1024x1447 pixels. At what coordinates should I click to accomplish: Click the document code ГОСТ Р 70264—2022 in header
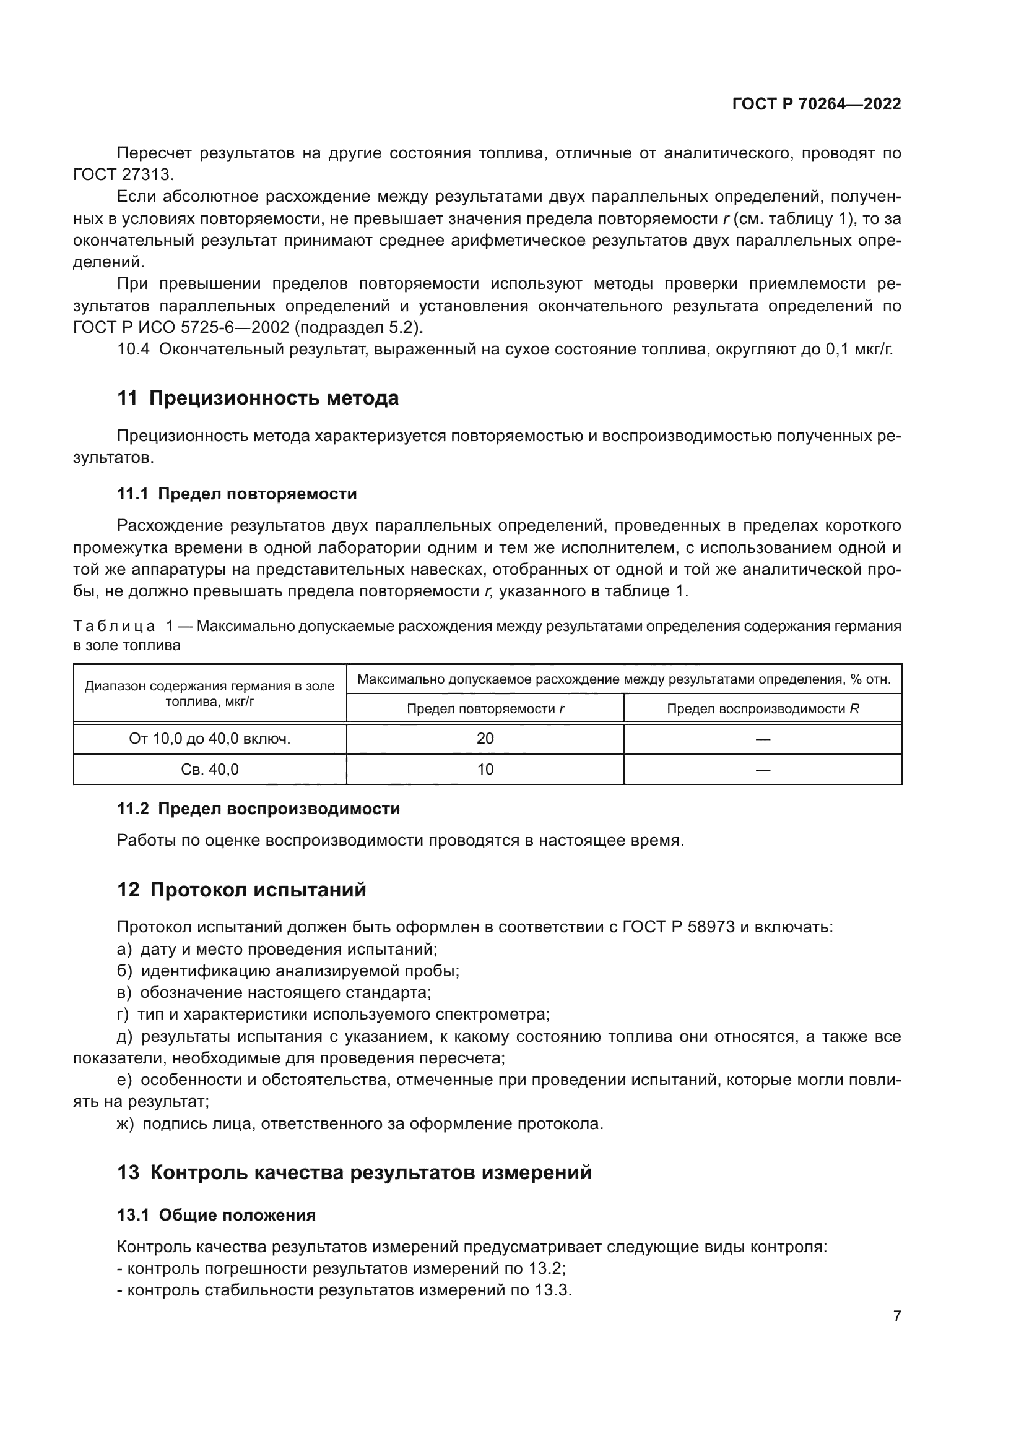(x=816, y=104)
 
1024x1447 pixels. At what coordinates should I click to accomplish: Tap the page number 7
(x=896, y=1316)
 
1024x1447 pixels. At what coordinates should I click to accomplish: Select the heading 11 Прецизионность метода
(x=258, y=398)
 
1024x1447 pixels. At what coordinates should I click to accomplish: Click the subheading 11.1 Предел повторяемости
(x=237, y=494)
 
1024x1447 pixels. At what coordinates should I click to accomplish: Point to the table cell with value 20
(x=485, y=739)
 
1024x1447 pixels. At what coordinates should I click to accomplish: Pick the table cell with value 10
(x=485, y=770)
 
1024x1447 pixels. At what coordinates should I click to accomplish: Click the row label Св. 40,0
(x=209, y=770)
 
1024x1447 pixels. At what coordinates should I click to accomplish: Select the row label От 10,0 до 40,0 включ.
(x=209, y=739)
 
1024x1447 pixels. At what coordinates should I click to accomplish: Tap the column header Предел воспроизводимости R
(x=763, y=709)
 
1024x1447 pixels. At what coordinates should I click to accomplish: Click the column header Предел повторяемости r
(x=485, y=709)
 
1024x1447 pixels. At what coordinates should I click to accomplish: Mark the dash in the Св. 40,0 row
(x=763, y=770)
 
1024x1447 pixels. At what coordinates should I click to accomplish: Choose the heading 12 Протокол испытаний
(x=241, y=890)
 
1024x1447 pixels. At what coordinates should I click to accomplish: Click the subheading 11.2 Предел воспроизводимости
(x=259, y=809)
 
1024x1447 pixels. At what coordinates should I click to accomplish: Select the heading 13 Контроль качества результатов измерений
(x=354, y=1173)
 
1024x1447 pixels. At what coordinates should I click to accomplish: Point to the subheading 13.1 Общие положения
(x=216, y=1215)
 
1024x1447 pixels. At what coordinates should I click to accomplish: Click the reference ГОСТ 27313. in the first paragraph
(x=123, y=174)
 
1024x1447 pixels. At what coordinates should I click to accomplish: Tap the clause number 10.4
(x=133, y=349)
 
